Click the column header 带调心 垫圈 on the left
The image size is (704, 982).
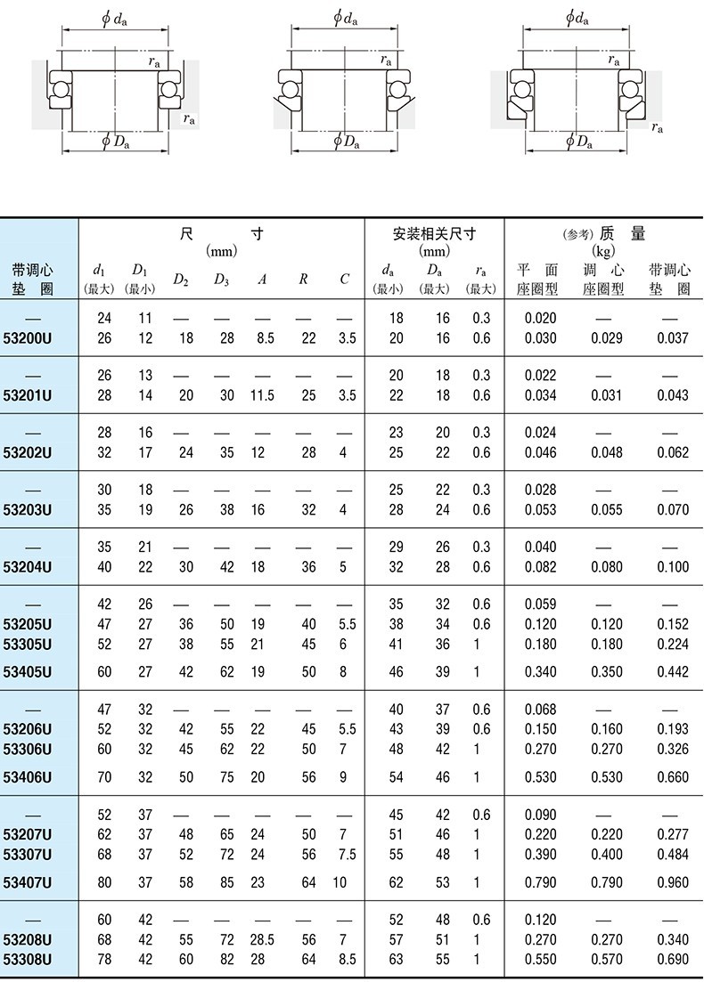33,279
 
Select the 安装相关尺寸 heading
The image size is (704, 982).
434,235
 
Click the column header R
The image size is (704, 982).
303,280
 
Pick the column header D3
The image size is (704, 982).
222,280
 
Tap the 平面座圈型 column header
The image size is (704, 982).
537,279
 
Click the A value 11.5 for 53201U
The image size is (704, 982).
262,395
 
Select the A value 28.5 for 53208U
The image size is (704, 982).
262,940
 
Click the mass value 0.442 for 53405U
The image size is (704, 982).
672,672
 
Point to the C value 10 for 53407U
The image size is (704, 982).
340,882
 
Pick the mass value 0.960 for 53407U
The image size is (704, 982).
672,882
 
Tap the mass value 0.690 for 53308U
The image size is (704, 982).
672,959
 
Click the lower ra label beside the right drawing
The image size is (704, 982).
657,127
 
